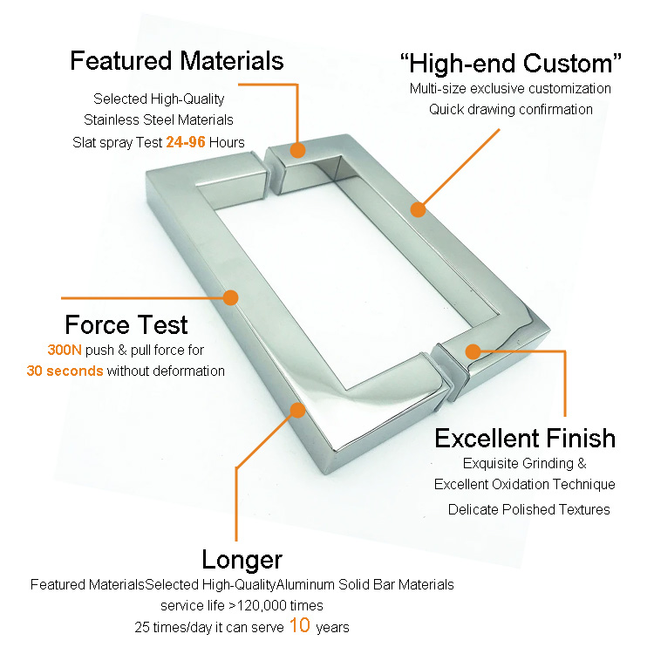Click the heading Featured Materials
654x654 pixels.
[177, 61]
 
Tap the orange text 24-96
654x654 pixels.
[186, 142]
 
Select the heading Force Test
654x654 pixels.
[126, 324]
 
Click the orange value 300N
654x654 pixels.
[65, 350]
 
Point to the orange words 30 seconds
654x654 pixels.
[65, 371]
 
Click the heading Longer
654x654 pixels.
[242, 560]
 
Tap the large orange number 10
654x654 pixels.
[299, 625]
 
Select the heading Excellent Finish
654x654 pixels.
[525, 439]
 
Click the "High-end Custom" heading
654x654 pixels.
[510, 64]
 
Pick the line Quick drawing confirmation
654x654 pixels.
[510, 109]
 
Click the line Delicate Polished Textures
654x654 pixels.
[529, 509]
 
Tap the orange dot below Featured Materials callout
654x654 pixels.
[297, 150]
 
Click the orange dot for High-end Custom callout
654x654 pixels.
[418, 209]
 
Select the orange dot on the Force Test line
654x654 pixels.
[230, 298]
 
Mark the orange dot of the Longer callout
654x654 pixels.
[297, 411]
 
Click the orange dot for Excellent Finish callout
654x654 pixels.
[473, 351]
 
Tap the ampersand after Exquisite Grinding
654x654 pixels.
[582, 463]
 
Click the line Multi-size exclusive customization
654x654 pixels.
[510, 88]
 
